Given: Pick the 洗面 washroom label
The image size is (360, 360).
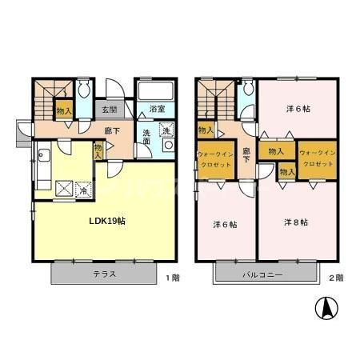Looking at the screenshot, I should (x=146, y=135).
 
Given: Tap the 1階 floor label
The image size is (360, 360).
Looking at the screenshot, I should (x=172, y=278).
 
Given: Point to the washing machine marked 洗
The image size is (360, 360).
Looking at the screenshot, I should (x=166, y=130).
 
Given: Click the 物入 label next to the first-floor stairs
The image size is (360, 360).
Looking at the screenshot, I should (x=62, y=110).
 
